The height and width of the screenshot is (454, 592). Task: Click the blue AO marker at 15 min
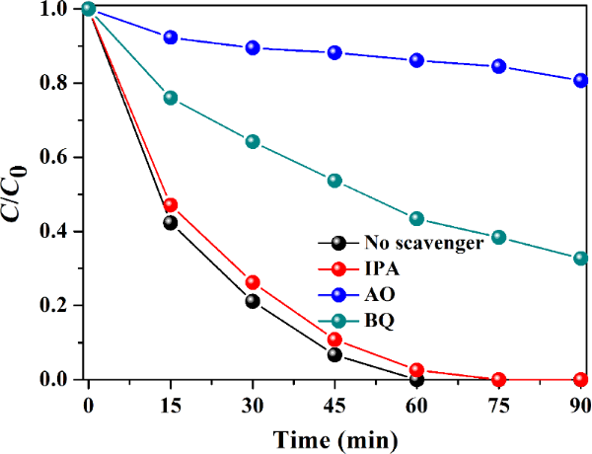[171, 38]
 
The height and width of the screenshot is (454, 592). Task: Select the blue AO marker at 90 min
[580, 81]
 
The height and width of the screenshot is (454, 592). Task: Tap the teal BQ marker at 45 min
[334, 181]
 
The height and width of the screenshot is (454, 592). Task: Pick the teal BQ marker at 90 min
[580, 259]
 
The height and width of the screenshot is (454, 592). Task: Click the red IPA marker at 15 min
[171, 205]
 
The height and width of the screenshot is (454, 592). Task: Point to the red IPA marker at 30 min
[253, 283]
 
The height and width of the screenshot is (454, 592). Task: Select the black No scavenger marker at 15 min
[171, 223]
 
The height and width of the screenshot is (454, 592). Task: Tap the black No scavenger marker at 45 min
[334, 355]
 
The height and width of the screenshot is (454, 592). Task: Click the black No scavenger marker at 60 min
[416, 379]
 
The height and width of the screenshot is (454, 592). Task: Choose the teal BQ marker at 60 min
[416, 219]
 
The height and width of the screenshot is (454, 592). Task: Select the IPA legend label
[378, 266]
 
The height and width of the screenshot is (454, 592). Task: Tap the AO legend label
[376, 293]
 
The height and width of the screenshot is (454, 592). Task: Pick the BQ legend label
[376, 318]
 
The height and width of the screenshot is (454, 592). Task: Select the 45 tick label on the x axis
[334, 404]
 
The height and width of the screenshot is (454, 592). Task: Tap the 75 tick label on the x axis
[498, 404]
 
